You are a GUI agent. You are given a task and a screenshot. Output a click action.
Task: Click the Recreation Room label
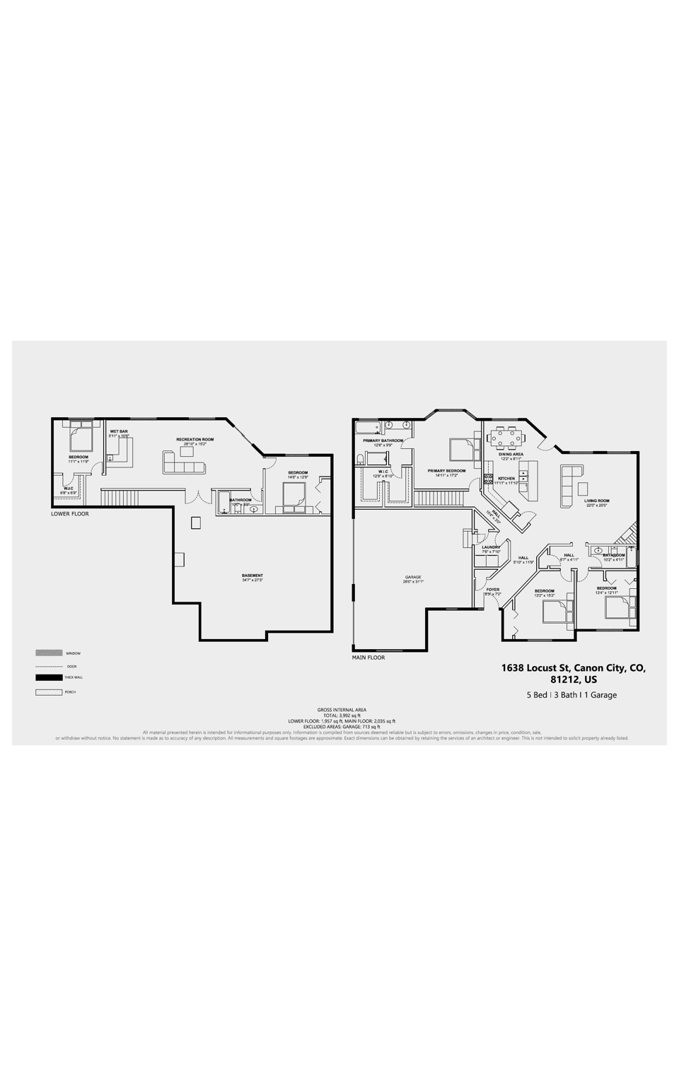pyautogui.click(x=195, y=439)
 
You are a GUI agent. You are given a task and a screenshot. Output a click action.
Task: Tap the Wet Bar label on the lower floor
pyautogui.click(x=118, y=431)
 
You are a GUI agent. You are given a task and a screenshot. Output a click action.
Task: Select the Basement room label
pyautogui.click(x=252, y=576)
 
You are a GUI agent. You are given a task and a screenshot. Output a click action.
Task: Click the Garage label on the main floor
pyautogui.click(x=412, y=577)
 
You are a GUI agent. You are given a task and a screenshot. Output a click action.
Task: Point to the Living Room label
pyautogui.click(x=596, y=501)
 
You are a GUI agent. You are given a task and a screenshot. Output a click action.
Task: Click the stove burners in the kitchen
pyautogui.click(x=487, y=479)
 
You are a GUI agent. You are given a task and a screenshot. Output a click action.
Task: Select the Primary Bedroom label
pyautogui.click(x=446, y=471)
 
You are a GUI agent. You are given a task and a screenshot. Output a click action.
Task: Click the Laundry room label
pyautogui.click(x=490, y=547)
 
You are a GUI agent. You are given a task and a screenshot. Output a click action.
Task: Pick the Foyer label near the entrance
pyautogui.click(x=492, y=590)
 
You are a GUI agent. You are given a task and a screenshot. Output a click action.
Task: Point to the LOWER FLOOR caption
pyautogui.click(x=70, y=514)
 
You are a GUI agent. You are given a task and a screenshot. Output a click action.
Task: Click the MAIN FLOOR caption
pyautogui.click(x=368, y=658)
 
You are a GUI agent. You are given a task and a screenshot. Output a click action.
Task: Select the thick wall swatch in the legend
pyautogui.click(x=48, y=677)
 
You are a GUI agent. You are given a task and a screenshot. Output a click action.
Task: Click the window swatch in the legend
pyautogui.click(x=48, y=653)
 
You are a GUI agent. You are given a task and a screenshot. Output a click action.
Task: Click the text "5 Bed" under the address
pyautogui.click(x=537, y=695)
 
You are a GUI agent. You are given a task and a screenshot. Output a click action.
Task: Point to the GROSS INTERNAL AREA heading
pyautogui.click(x=342, y=709)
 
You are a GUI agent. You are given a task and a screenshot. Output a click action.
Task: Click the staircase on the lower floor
pyautogui.click(x=113, y=498)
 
